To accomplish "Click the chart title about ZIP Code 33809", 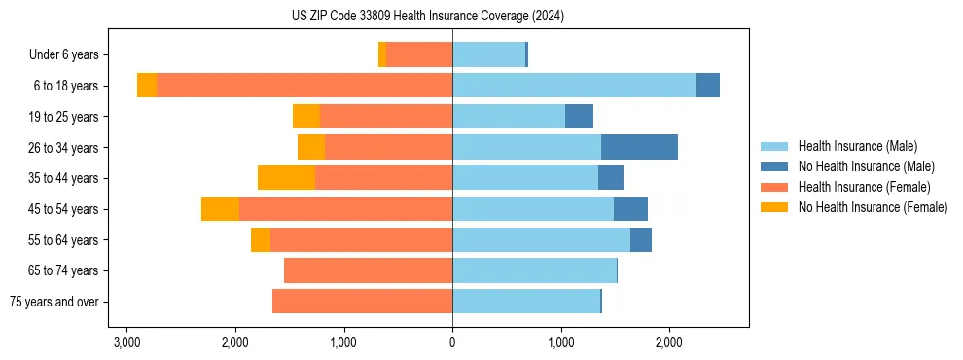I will pos(427,17).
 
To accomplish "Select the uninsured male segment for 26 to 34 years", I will pos(639,147).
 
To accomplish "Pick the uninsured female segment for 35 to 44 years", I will pos(286,178).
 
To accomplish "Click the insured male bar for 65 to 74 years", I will pos(534,270).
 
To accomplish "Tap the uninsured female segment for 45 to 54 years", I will pos(220,209).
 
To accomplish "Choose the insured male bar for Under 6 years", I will pos(488,55).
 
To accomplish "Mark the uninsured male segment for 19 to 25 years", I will pos(579,117).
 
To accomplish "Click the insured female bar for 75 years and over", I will pos(362,302).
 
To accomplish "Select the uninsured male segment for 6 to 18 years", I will pos(708,86).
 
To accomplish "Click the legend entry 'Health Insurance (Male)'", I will pos(857,146).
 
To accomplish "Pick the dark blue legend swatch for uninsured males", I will pos(774,166).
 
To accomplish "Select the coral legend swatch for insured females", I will pos(774,187).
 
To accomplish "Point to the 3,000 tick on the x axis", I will pos(126,342).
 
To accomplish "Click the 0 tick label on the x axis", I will pos(452,342).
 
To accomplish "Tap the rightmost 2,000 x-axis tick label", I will pos(668,342).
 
